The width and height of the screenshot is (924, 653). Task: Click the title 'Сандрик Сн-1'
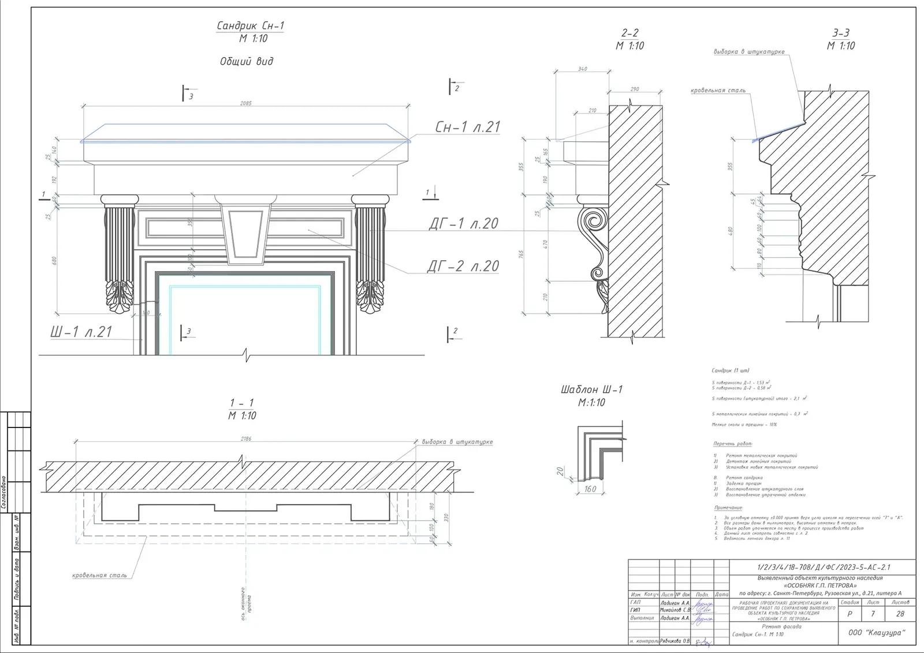tap(250, 25)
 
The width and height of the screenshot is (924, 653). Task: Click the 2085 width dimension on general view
tap(246, 103)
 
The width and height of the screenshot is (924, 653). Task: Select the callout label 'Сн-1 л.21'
tap(467, 127)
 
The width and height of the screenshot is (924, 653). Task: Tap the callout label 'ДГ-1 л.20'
tap(463, 224)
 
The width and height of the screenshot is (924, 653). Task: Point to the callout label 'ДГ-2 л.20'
tap(463, 267)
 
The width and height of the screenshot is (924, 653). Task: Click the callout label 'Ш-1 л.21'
tap(81, 332)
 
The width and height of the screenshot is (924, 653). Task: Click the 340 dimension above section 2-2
tap(582, 69)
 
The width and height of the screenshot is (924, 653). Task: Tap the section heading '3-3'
tap(841, 33)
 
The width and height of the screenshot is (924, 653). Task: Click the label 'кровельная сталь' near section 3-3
tap(718, 91)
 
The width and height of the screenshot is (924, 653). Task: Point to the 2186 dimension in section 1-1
tap(246, 438)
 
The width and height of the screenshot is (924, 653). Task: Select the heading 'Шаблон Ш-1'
tap(591, 389)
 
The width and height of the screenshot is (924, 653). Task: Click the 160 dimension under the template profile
tap(590, 489)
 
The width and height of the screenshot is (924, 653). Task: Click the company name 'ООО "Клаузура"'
tap(877, 633)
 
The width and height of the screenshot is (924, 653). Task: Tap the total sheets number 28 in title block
tap(900, 614)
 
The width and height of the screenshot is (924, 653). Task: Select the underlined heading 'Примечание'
tap(728, 508)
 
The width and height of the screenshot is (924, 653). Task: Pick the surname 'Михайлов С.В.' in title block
tap(675, 610)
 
